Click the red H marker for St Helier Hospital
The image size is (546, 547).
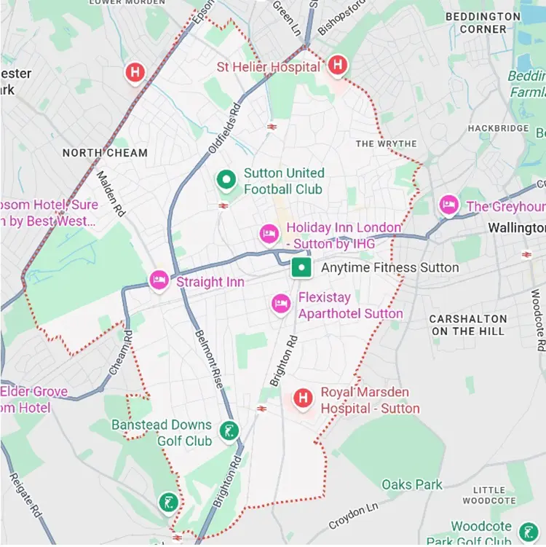click(x=336, y=66)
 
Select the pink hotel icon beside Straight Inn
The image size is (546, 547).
click(x=159, y=280)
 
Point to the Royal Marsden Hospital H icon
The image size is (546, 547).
click(x=302, y=398)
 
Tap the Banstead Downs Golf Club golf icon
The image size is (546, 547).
click(x=229, y=431)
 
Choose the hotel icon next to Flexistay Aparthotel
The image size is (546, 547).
click(x=281, y=304)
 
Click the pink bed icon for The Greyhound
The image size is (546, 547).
click(x=448, y=205)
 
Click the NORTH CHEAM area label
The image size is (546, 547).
click(x=105, y=153)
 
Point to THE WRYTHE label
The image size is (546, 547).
click(x=386, y=143)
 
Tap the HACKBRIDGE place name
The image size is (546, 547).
click(x=498, y=128)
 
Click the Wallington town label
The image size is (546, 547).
click(x=516, y=228)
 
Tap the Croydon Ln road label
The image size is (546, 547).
click(x=354, y=515)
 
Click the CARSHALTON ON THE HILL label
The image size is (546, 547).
click(x=468, y=325)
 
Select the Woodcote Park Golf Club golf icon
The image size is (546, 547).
click(x=529, y=530)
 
